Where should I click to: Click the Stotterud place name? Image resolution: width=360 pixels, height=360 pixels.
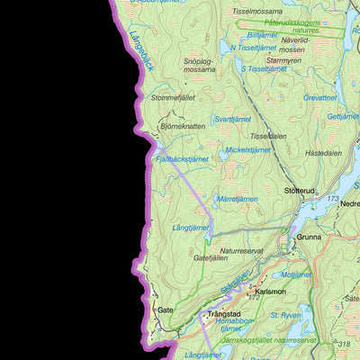pyautogui.click(x=301, y=191)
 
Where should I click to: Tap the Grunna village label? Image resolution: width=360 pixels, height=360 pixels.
pyautogui.click(x=308, y=238)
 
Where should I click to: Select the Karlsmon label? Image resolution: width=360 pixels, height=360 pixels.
pyautogui.click(x=270, y=292)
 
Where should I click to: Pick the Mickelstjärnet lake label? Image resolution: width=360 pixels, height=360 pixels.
pyautogui.click(x=247, y=150)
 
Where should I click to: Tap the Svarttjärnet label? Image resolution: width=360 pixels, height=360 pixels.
pyautogui.click(x=233, y=119)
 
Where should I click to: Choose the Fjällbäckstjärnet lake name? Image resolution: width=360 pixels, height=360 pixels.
pyautogui.click(x=182, y=158)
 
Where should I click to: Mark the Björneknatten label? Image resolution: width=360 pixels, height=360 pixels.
pyautogui.click(x=182, y=127)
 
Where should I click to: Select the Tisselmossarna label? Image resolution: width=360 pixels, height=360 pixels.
pyautogui.click(x=256, y=12)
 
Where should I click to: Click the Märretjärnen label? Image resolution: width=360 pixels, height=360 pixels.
pyautogui.click(x=238, y=199)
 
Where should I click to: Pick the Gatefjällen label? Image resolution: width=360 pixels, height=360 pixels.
pyautogui.click(x=212, y=257)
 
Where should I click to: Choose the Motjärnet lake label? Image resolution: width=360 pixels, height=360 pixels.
pyautogui.click(x=296, y=274)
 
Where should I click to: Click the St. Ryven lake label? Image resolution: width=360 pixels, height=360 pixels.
pyautogui.click(x=286, y=316)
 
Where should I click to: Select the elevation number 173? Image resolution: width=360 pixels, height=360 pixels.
pyautogui.click(x=333, y=197)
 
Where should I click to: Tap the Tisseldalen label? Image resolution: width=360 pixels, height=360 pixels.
pyautogui.click(x=267, y=137)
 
